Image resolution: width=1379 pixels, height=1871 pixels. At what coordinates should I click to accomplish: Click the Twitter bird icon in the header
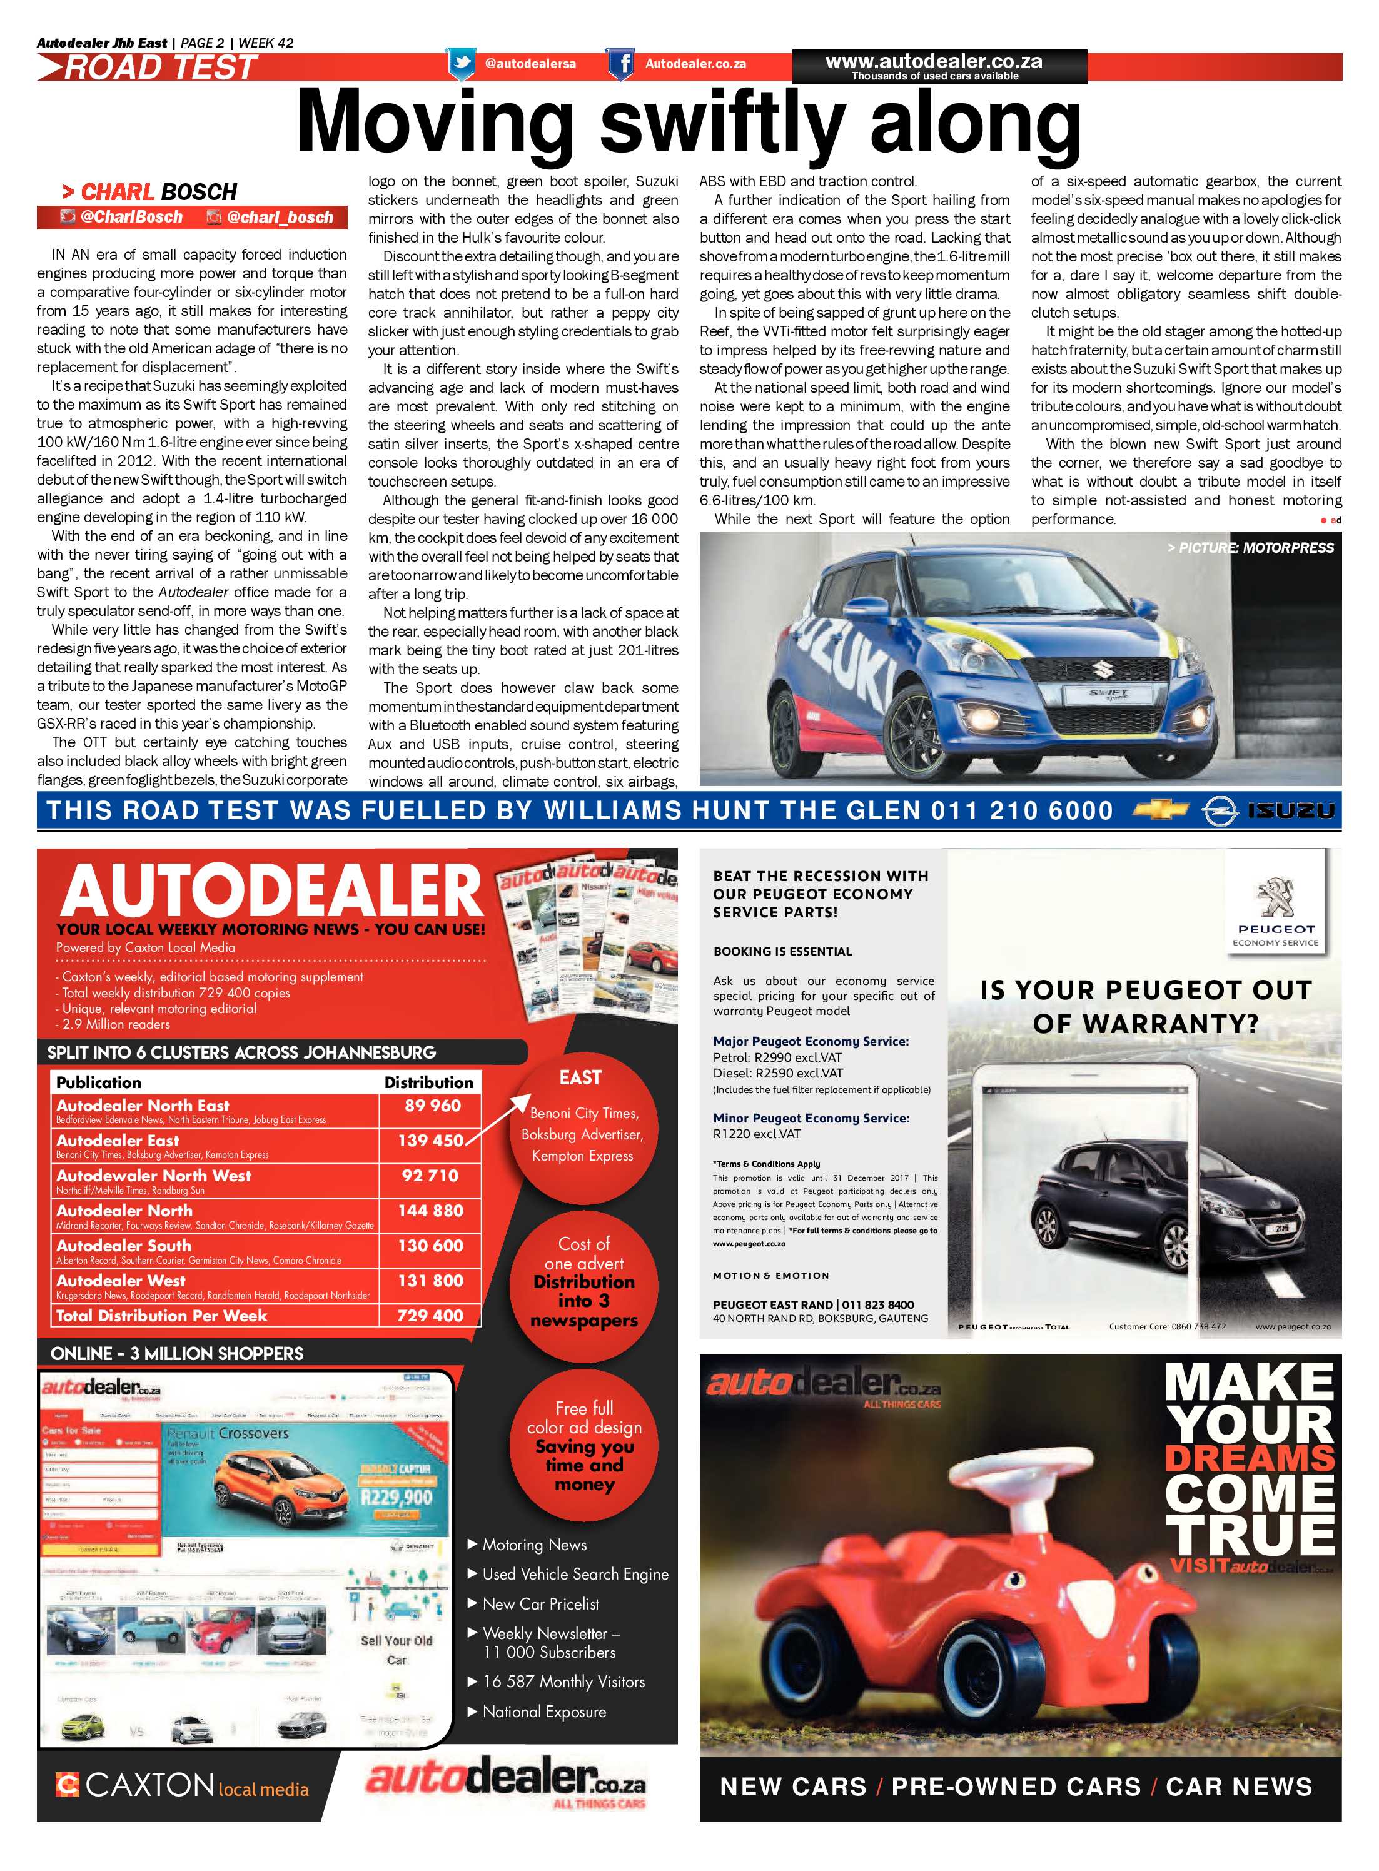tap(462, 63)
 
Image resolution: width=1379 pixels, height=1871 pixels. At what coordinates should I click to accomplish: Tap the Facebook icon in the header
tap(619, 63)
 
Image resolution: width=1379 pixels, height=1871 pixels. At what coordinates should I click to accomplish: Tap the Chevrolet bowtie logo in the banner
tap(1161, 809)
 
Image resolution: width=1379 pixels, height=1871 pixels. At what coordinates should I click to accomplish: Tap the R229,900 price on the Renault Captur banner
tap(397, 1496)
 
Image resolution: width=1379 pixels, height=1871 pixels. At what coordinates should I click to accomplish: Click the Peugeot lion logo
tap(1275, 898)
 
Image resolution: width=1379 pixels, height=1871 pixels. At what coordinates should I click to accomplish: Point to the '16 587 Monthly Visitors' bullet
tap(563, 1682)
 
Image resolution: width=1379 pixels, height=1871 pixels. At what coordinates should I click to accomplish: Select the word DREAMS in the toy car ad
tap(1250, 1459)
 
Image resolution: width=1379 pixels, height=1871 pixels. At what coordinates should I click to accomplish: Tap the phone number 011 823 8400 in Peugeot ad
tap(878, 1304)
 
